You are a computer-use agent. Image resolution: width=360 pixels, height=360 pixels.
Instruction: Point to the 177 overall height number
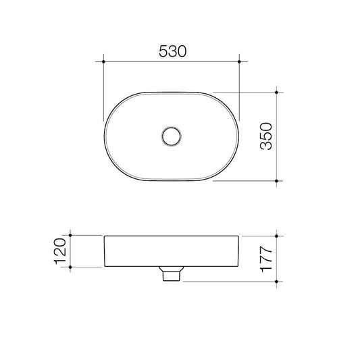[265, 257]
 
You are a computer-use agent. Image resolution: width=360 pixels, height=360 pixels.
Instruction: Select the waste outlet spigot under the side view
[172, 274]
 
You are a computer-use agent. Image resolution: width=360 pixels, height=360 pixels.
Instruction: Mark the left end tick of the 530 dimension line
[103, 61]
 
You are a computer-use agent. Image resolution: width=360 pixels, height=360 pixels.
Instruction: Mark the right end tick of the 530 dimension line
[240, 61]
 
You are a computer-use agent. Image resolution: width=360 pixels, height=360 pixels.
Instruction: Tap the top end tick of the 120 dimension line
[72, 235]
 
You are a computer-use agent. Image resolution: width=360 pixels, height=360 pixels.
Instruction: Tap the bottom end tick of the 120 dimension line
[72, 267]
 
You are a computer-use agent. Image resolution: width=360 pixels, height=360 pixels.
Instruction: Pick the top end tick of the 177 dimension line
[280, 235]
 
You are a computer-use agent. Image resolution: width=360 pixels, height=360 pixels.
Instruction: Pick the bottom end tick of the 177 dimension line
[280, 281]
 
